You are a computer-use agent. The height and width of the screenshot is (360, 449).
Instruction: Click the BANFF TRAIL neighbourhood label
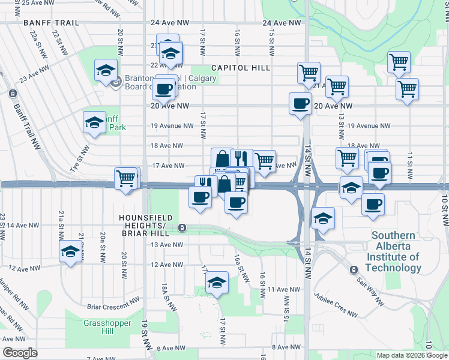51,22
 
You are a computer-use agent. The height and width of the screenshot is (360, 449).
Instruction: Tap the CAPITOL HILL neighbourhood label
240,68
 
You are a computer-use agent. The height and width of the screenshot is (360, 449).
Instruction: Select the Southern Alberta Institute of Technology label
393,252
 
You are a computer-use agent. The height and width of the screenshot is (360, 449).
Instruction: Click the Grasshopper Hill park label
91,326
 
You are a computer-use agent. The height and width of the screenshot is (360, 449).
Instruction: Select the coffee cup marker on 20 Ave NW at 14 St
300,104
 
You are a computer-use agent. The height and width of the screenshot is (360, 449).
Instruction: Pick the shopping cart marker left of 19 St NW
125,178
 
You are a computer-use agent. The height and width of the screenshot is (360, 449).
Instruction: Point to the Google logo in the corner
20,353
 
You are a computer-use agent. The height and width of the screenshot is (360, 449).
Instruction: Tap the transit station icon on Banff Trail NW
13,93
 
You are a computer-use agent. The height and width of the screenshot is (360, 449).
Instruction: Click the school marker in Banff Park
94,123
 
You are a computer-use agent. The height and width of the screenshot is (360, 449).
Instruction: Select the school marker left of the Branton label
106,70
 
